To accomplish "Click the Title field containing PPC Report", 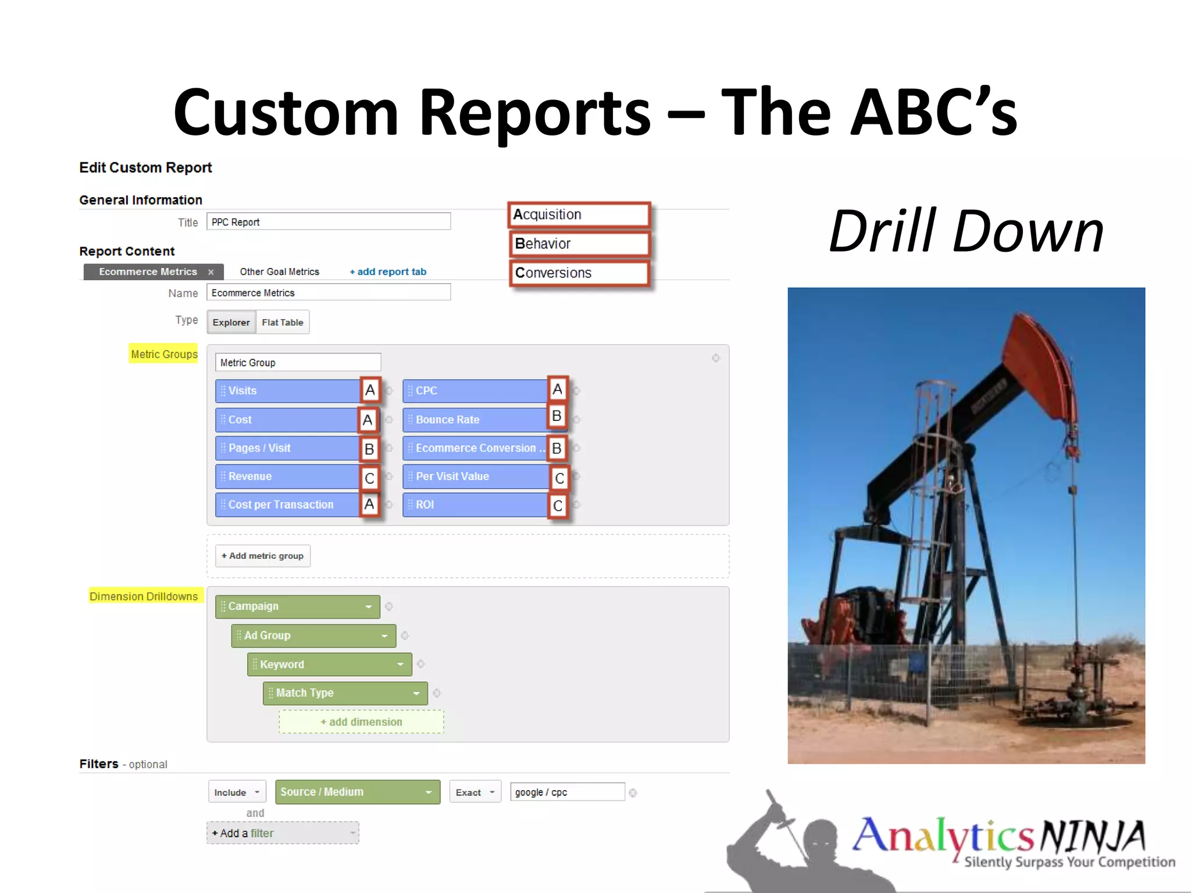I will [328, 222].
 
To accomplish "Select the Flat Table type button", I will [283, 322].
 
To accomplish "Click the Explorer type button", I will [231, 322].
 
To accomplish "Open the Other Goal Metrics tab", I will [279, 272].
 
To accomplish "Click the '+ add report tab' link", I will [388, 272].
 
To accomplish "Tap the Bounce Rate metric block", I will [474, 419].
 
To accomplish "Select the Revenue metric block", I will [287, 476].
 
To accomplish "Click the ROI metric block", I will [474, 505].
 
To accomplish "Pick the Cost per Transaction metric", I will [287, 505].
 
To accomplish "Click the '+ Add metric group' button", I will [262, 556].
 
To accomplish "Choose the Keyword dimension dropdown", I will [329, 664].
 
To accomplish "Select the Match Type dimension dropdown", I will [345, 693].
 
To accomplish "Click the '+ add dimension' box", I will [361, 721].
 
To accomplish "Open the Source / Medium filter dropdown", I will [357, 792].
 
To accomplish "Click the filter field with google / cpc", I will [567, 792].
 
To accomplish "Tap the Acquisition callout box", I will [579, 215].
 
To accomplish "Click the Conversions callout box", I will [579, 273].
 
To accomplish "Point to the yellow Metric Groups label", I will [163, 354].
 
